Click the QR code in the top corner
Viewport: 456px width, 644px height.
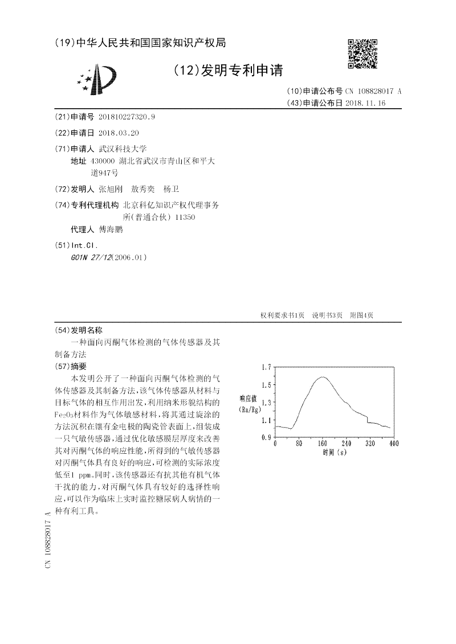[x=362, y=54]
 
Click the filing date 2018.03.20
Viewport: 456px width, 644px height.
[x=119, y=133]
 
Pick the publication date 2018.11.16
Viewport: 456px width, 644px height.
[x=365, y=103]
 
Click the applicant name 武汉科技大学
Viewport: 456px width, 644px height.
[x=123, y=148]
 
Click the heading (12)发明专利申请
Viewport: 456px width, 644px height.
[x=227, y=71]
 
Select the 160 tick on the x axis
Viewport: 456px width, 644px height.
[x=323, y=444]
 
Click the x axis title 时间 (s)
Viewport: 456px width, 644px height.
[x=334, y=452]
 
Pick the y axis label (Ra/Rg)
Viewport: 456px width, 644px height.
[x=250, y=409]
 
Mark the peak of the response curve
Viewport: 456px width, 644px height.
[x=323, y=377]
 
